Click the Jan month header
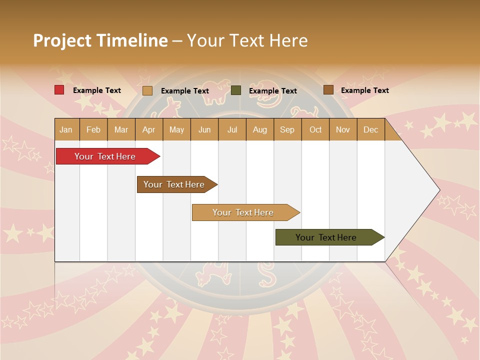pyautogui.click(x=66, y=130)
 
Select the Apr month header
pyautogui.click(x=149, y=130)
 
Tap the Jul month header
pyautogui.click(x=232, y=130)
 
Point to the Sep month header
pyautogui.click(x=287, y=130)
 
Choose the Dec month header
pyautogui.click(x=370, y=130)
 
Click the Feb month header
pyautogui.click(x=93, y=130)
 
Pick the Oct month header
pyautogui.click(x=315, y=130)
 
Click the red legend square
pyautogui.click(x=59, y=90)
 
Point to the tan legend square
pyautogui.click(x=147, y=90)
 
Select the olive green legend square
pyautogui.click(x=236, y=90)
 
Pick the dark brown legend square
pyautogui.click(x=328, y=90)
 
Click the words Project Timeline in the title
pyautogui.click(x=100, y=40)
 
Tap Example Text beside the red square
pyautogui.click(x=97, y=90)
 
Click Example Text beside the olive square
pyautogui.click(x=273, y=91)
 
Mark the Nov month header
pyautogui.click(x=343, y=130)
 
